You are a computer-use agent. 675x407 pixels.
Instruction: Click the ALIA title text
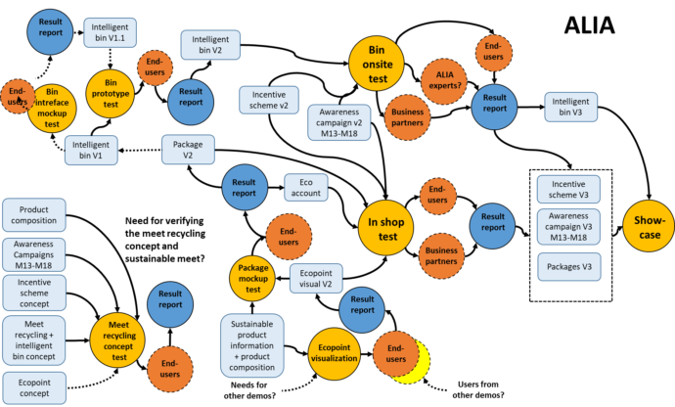[x=589, y=25]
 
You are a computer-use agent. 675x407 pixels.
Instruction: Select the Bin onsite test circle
[x=377, y=64]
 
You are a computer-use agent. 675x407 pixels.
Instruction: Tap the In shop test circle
[x=386, y=228]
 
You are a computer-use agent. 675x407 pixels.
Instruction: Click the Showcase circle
[x=650, y=226]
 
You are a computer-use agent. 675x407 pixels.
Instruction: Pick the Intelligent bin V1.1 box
[x=110, y=32]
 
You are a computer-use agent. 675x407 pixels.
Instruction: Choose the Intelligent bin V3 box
[x=571, y=107]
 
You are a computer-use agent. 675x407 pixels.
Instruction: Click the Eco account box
[x=305, y=187]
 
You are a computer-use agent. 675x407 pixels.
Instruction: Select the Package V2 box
[x=188, y=150]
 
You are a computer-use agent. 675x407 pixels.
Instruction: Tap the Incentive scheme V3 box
[x=568, y=189]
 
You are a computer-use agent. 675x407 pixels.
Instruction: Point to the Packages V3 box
[x=569, y=266]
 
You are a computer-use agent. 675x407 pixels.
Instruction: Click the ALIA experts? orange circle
[x=444, y=80]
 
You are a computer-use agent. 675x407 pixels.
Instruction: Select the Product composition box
[x=34, y=215]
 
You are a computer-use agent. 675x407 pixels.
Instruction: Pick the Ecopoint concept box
[x=34, y=387]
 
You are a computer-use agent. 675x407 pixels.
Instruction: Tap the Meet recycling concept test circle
[x=117, y=340]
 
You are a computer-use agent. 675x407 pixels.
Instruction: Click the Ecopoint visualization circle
[x=334, y=353]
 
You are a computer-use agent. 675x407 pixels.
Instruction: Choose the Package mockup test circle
[x=252, y=278]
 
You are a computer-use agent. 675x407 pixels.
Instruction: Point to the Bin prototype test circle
[x=111, y=94]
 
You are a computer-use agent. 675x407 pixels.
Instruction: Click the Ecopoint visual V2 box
[x=316, y=279]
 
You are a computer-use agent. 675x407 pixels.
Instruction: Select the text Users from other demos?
[x=478, y=389]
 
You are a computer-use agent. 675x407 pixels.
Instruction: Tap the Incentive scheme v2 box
[x=269, y=100]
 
